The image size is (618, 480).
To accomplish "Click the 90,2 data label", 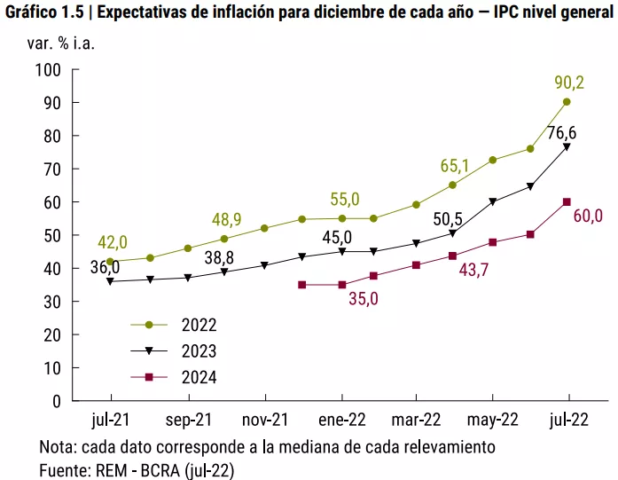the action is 569,83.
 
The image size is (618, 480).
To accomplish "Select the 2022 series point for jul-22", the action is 567,102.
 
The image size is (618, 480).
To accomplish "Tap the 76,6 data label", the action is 561,133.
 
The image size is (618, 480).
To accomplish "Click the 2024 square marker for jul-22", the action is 567,202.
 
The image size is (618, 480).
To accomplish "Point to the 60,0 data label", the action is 588,216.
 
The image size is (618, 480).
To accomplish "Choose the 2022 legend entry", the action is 174,325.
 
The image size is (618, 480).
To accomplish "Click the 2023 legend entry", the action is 174,351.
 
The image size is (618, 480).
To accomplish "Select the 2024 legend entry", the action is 174,377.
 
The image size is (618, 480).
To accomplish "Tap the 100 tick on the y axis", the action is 48,70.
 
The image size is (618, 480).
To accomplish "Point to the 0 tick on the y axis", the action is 57,402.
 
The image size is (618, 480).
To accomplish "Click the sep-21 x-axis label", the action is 189,420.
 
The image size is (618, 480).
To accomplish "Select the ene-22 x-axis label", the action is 342,420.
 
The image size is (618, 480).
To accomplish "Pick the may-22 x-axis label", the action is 493,421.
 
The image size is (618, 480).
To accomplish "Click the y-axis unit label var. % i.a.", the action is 60,43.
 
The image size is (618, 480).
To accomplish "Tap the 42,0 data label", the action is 113,242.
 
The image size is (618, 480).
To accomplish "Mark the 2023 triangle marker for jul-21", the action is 110,281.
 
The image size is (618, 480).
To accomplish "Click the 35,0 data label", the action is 364,299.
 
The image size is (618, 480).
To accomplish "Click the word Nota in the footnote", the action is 58,447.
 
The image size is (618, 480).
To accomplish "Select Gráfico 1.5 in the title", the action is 44,12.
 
